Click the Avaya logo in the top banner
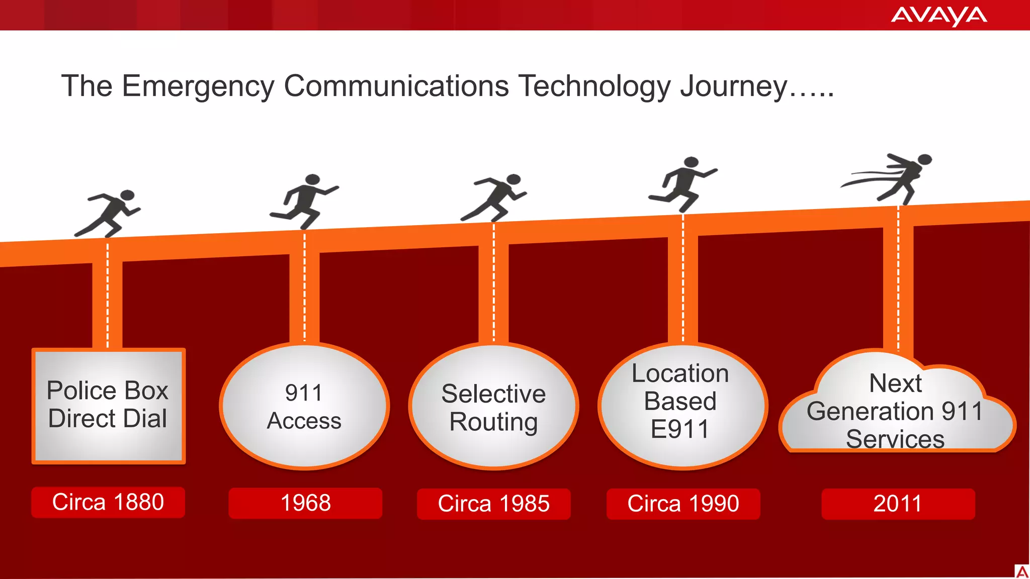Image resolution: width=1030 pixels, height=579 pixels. pyautogui.click(x=938, y=16)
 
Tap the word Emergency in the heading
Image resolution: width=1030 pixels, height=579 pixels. pyautogui.click(x=197, y=86)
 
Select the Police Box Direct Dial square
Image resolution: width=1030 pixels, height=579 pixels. pyautogui.click(x=108, y=405)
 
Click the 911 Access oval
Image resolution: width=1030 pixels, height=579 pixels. pyautogui.click(x=304, y=406)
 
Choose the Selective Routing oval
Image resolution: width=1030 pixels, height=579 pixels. pyautogui.click(x=493, y=406)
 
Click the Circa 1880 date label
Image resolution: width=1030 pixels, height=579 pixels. pyautogui.click(x=108, y=502)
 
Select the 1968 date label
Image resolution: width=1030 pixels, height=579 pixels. pyautogui.click(x=305, y=503)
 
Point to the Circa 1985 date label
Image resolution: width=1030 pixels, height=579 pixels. pyautogui.click(x=493, y=504)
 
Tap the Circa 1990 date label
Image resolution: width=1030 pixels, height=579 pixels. pyautogui.click(x=683, y=504)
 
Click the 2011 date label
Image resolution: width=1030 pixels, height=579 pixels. pyautogui.click(x=898, y=504)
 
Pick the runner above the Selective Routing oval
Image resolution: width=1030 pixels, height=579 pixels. pyautogui.click(x=495, y=198)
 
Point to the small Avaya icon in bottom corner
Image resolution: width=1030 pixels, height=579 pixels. pyautogui.click(x=1021, y=571)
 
